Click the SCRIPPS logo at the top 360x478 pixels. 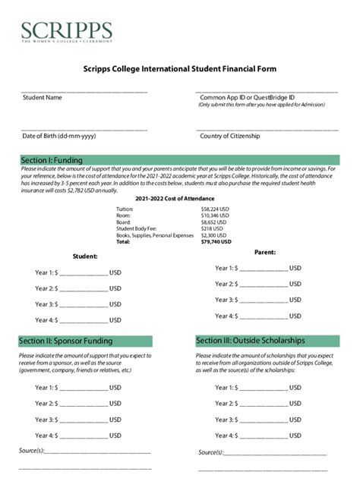click(x=67, y=32)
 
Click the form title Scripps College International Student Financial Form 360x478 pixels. click(x=179, y=69)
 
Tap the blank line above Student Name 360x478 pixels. click(x=84, y=91)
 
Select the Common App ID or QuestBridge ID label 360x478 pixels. click(x=247, y=98)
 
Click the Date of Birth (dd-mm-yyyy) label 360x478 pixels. click(x=59, y=136)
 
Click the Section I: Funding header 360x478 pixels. click(x=52, y=160)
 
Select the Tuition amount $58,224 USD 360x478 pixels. click(x=215, y=208)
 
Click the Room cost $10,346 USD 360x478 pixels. click(x=215, y=215)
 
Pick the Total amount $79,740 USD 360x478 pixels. click(x=216, y=242)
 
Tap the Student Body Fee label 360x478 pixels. click(x=137, y=228)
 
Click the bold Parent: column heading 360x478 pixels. click(x=264, y=252)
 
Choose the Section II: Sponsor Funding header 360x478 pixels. click(x=65, y=341)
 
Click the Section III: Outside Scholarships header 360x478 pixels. click(x=250, y=341)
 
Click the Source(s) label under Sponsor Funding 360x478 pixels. click(x=32, y=451)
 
